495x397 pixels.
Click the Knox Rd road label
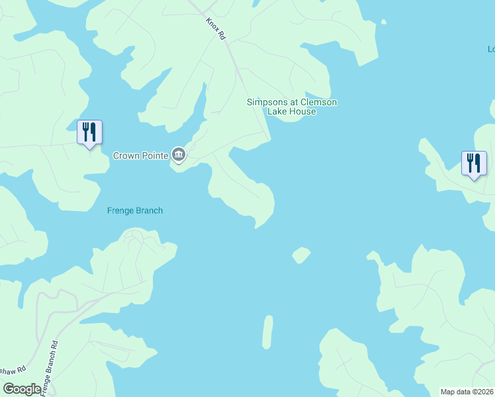215,30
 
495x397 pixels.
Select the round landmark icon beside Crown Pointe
179,155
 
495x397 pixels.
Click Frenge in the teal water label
120,211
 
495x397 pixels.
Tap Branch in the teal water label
149,211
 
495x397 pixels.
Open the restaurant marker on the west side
89,132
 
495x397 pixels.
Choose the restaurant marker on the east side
474,163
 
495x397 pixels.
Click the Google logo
22,389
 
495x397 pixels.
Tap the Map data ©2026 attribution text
467,392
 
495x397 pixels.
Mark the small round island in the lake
301,255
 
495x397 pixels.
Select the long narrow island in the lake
267,331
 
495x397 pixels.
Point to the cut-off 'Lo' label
491,49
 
